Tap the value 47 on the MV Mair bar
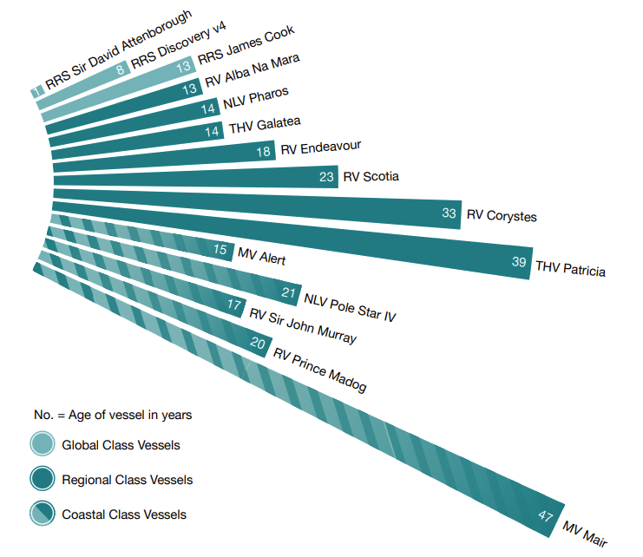(546, 516)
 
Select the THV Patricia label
(571, 268)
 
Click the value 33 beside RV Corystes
(449, 213)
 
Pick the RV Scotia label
(371, 177)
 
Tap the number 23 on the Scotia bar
(327, 177)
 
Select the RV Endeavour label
(321, 148)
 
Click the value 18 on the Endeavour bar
(265, 150)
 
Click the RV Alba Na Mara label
(253, 72)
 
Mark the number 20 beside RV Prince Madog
(258, 343)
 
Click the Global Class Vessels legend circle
(42, 445)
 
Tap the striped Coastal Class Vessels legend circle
(42, 514)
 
